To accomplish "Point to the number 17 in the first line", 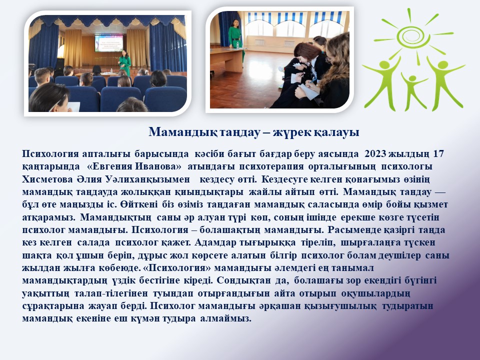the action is (438, 153).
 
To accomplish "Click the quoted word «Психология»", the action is (177, 268).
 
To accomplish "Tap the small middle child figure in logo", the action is (413, 90).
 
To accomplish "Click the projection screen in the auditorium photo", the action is (109, 43).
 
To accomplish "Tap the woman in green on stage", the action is (125, 62).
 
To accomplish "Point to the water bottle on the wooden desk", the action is (237, 45).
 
